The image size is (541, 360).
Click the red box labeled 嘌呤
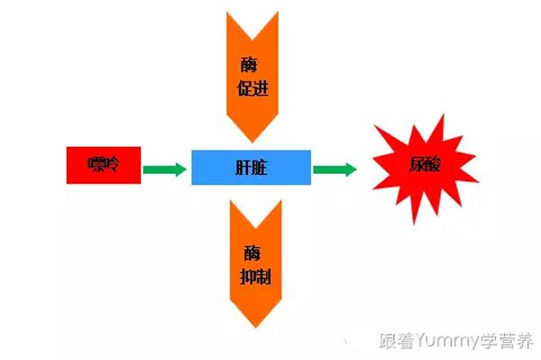(104, 165)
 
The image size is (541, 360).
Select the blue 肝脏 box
(252, 168)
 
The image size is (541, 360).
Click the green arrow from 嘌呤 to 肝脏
(165, 169)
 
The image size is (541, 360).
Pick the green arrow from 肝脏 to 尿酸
(335, 169)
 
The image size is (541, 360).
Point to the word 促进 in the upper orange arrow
(252, 89)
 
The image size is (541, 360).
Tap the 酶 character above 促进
(252, 63)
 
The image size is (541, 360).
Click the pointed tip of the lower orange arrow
(256, 327)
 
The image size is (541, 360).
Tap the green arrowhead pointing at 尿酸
(349, 169)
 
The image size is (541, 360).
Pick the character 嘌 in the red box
(96, 165)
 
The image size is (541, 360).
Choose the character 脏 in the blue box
(261, 168)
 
